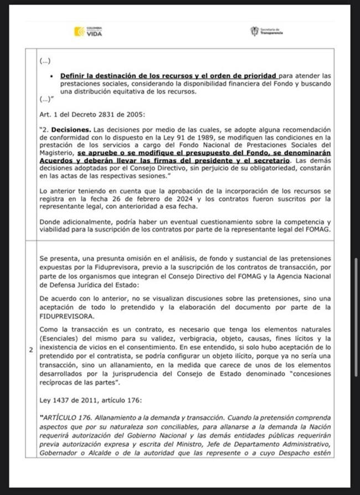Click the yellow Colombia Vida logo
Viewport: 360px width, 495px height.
(x=88, y=32)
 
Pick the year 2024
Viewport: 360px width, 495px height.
(x=192, y=198)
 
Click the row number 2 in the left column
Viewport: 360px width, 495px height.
(x=31, y=350)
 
